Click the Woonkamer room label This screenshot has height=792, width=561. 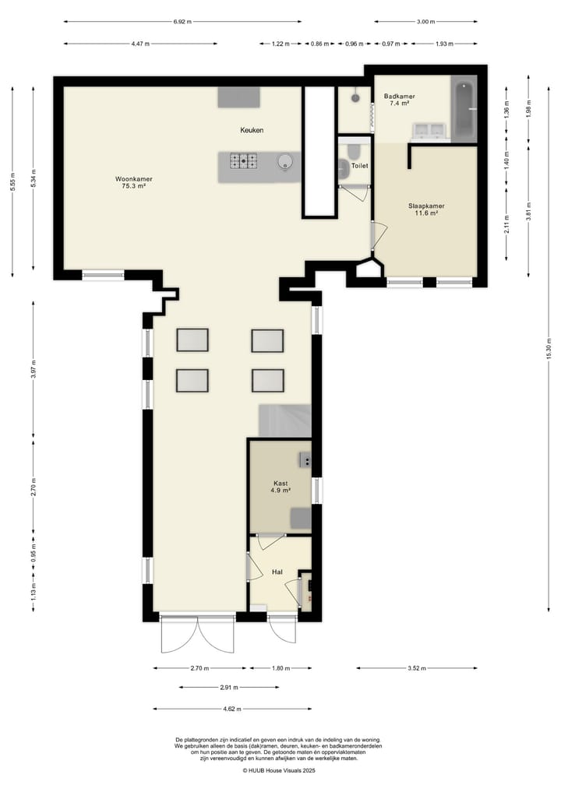133,182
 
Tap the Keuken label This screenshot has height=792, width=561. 252,130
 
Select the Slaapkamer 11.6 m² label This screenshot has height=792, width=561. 426,209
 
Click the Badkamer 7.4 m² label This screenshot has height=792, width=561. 399,100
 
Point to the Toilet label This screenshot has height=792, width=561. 360,166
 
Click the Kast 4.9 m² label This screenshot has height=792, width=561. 280,487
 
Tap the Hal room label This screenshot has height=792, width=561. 277,572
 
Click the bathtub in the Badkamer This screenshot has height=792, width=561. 464,108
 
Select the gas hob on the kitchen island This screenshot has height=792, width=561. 243,161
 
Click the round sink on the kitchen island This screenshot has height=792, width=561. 284,161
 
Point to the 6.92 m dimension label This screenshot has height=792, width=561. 182,22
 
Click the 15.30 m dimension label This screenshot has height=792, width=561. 549,349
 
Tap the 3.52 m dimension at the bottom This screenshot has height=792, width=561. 416,668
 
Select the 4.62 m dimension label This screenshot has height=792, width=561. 232,709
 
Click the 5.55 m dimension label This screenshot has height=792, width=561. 12,181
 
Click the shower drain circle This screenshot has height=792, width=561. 356,97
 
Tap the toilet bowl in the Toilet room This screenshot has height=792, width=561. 353,150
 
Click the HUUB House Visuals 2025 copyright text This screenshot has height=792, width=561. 278,771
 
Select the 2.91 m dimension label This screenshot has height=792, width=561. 228,688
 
